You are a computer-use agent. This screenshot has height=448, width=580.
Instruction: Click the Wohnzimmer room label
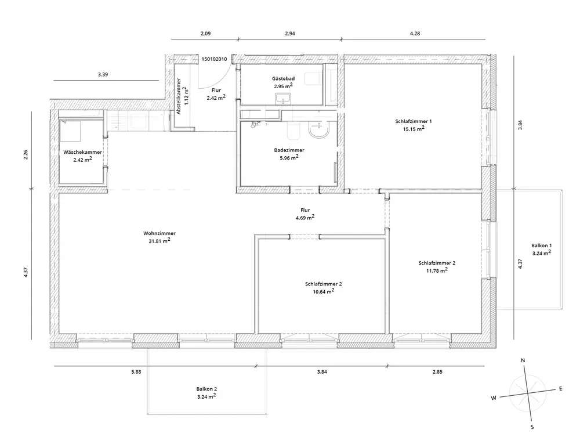[157, 233]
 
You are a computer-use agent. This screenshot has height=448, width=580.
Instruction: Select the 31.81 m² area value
[159, 241]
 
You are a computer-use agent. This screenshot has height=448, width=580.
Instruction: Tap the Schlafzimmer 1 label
[414, 121]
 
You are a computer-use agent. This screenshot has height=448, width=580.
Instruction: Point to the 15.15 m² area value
[414, 129]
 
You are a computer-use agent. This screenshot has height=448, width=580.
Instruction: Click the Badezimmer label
[289, 150]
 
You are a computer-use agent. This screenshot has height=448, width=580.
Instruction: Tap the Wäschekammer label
[83, 152]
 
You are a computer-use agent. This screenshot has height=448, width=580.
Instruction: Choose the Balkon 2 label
[206, 389]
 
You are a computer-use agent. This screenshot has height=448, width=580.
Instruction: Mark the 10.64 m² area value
[323, 292]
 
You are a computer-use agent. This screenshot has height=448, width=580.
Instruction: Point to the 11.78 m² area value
[437, 270]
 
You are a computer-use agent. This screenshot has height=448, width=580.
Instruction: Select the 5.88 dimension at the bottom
[136, 372]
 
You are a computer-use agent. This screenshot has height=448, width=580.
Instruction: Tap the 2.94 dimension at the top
[290, 34]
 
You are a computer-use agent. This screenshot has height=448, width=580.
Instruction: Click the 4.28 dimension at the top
[414, 34]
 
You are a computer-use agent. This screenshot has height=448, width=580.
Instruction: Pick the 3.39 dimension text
[103, 75]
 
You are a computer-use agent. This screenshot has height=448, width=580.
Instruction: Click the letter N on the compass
[523, 361]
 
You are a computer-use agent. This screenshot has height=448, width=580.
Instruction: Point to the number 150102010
[215, 59]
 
